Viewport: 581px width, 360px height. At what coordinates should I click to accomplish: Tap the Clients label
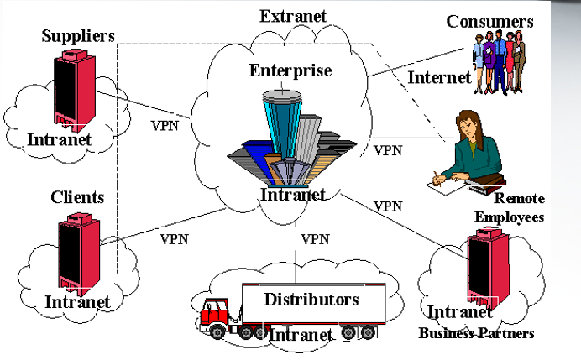click(x=77, y=197)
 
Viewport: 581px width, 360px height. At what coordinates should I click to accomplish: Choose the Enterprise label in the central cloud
click(x=290, y=70)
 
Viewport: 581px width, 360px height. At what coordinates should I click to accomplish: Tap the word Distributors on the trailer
click(x=311, y=299)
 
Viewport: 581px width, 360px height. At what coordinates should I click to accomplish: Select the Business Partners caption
click(x=477, y=333)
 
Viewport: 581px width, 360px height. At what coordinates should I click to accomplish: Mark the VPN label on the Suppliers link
click(x=165, y=126)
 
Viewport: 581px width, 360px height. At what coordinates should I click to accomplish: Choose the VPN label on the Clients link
click(x=174, y=237)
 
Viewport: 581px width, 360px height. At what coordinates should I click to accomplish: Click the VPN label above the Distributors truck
click(x=315, y=238)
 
